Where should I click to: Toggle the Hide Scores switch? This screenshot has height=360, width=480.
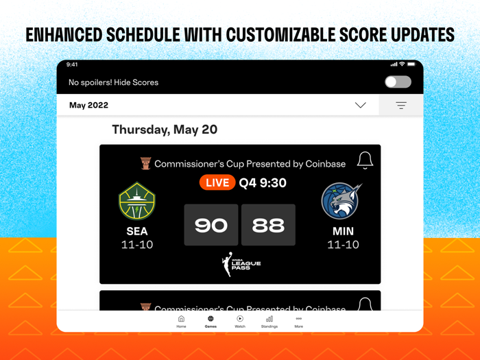(398, 82)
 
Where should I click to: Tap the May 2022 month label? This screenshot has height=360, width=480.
(88, 106)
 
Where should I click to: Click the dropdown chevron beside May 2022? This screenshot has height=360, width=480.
(360, 106)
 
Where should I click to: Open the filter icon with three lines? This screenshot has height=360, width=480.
(401, 106)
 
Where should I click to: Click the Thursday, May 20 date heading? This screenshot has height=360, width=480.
(165, 130)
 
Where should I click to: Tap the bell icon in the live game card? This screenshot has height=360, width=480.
(365, 160)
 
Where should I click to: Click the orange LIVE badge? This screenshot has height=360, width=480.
(217, 182)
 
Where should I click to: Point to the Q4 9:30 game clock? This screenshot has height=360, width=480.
(263, 182)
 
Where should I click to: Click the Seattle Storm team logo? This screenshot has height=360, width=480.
(137, 202)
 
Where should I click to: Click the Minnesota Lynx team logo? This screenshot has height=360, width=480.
(342, 201)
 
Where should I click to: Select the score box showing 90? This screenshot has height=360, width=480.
(211, 225)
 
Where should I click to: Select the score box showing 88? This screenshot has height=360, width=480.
(268, 225)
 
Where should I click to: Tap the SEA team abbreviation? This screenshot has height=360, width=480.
(137, 231)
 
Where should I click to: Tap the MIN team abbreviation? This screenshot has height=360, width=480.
(343, 231)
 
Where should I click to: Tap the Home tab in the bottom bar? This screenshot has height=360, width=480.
(181, 322)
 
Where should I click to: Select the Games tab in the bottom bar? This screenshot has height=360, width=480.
(211, 322)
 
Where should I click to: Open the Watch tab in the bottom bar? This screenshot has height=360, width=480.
(240, 322)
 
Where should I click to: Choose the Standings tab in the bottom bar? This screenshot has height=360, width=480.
(269, 322)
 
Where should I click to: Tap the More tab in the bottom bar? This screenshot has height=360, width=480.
(298, 322)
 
